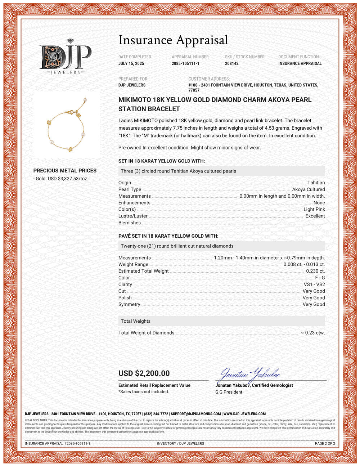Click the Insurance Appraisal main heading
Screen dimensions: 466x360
tap(173, 40)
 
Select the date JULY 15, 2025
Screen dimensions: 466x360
tap(131, 63)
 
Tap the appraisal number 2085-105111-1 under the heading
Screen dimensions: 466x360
tap(185, 63)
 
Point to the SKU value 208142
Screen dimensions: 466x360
tap(231, 63)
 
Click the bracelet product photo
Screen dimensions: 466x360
tap(67, 125)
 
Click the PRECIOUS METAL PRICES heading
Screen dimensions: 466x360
tap(65, 171)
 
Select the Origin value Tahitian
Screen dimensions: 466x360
tap(316, 183)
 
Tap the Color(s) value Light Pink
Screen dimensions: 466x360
tap(314, 209)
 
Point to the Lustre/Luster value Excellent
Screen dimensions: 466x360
tap(315, 216)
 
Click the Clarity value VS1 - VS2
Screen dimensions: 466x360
tap(314, 284)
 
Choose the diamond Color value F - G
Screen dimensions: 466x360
tap(320, 278)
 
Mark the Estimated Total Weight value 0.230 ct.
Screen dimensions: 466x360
tap(315, 271)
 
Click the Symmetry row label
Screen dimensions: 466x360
tap(129, 304)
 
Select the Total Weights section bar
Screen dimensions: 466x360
tap(221, 321)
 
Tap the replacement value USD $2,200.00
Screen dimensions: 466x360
tap(144, 373)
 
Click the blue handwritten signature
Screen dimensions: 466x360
tap(250, 375)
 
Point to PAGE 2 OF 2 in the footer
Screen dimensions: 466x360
tap(325, 443)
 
